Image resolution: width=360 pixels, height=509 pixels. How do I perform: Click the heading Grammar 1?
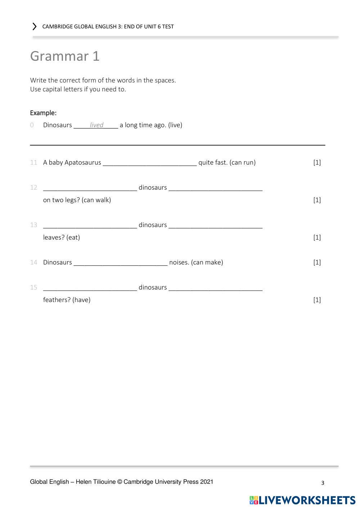(65, 56)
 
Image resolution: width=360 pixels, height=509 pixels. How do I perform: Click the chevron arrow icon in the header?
(35, 27)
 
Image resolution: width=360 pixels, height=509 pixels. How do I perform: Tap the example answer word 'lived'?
(96, 125)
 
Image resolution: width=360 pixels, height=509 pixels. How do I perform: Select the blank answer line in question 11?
(150, 163)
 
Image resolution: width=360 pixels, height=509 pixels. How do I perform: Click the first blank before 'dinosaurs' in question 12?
(90, 188)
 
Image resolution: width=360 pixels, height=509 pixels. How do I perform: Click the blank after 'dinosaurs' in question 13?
(215, 225)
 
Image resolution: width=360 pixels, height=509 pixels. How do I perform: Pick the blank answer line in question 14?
(121, 263)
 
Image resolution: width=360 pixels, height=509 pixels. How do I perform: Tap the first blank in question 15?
(90, 288)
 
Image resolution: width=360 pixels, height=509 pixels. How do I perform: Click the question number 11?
(34, 163)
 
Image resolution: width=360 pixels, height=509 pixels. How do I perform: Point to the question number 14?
(34, 263)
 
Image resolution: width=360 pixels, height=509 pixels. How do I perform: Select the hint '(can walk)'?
(96, 200)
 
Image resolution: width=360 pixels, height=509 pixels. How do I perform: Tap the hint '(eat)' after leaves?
(73, 237)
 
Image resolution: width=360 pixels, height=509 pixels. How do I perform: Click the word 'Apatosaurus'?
(83, 163)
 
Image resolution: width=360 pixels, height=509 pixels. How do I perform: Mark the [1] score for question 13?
(317, 237)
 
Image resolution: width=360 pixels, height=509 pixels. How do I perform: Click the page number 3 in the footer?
(323, 483)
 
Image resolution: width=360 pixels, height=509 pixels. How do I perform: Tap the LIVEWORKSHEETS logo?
(302, 500)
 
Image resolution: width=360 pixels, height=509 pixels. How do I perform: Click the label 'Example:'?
(43, 113)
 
